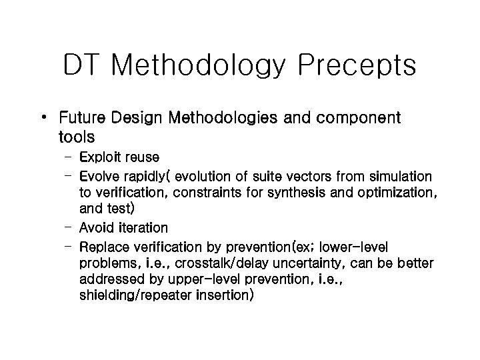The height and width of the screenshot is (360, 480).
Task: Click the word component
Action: click(363, 119)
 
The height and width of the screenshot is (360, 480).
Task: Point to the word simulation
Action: click(399, 176)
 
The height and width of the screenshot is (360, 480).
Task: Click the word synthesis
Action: click(269, 193)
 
